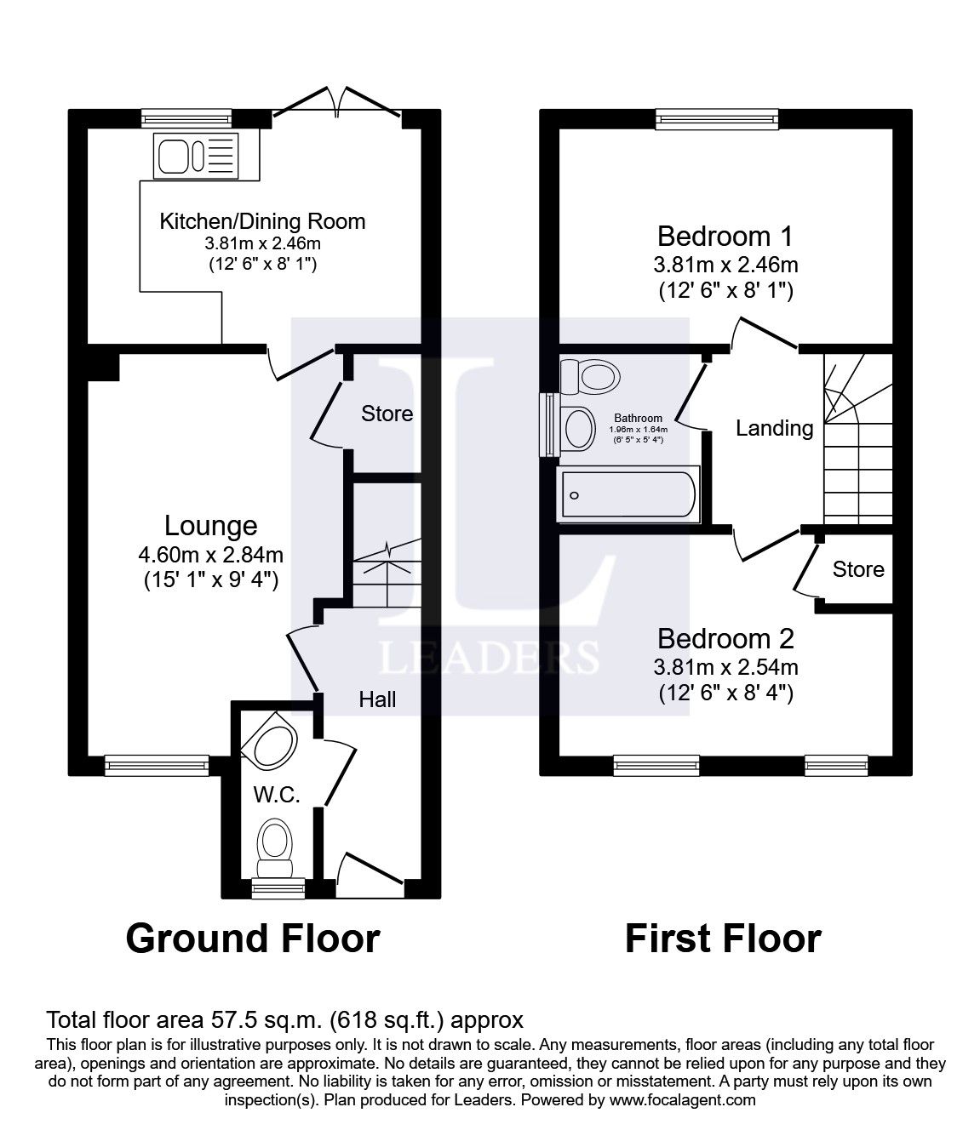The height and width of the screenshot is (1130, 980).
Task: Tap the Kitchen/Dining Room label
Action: (x=262, y=221)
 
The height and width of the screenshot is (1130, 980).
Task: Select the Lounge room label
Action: (x=210, y=527)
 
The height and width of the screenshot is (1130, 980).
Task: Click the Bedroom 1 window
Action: (x=717, y=120)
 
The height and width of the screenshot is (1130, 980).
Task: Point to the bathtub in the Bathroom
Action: (x=628, y=495)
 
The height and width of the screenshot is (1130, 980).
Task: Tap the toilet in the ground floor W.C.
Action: (x=274, y=847)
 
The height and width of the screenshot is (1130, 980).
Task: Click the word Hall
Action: (x=377, y=699)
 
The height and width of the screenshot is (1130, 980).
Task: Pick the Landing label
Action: (x=774, y=428)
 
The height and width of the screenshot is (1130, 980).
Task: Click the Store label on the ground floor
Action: (x=387, y=414)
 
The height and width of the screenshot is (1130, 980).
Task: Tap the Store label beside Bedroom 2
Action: (x=858, y=569)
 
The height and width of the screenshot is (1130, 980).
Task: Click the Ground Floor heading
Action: (x=253, y=939)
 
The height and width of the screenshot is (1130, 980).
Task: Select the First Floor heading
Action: (x=723, y=939)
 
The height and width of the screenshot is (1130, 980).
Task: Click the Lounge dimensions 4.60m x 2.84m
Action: (x=210, y=556)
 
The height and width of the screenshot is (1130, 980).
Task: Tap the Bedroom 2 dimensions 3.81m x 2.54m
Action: (x=725, y=667)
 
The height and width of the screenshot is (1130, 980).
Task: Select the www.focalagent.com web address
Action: (x=682, y=1099)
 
